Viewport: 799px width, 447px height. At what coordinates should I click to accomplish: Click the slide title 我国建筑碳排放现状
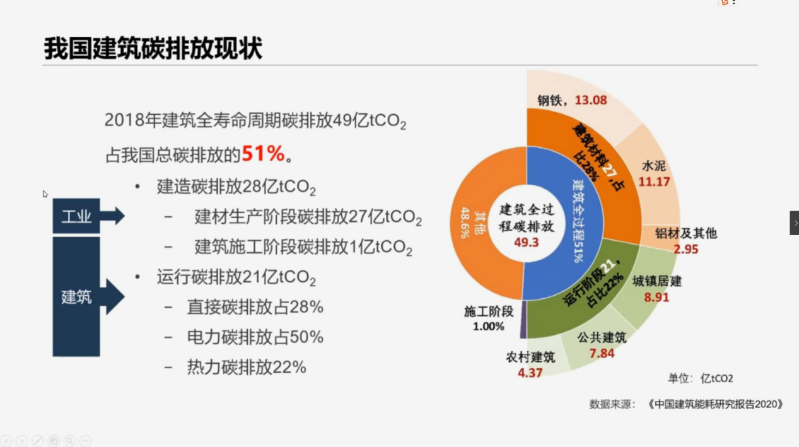click(x=153, y=49)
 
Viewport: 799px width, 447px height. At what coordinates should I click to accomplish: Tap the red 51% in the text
click(x=263, y=153)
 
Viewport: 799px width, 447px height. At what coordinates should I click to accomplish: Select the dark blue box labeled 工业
click(x=76, y=217)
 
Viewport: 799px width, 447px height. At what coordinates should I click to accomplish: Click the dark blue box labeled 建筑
click(x=76, y=296)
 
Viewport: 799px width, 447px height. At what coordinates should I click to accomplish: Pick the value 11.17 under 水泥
click(x=654, y=182)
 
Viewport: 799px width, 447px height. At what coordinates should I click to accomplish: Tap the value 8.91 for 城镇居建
click(x=656, y=297)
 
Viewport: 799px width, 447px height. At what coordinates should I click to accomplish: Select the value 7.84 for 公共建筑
click(x=602, y=353)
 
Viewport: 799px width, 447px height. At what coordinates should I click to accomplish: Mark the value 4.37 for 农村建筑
click(x=530, y=373)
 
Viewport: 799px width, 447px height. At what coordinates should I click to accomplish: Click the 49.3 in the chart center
click(x=526, y=241)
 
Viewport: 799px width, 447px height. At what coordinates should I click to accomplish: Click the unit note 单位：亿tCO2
click(x=700, y=378)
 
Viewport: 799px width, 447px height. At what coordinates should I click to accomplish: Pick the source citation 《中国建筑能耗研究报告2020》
click(x=715, y=404)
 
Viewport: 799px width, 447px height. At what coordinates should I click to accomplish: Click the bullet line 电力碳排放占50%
click(x=255, y=337)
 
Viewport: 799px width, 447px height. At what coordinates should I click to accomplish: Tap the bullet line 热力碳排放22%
click(x=246, y=367)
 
